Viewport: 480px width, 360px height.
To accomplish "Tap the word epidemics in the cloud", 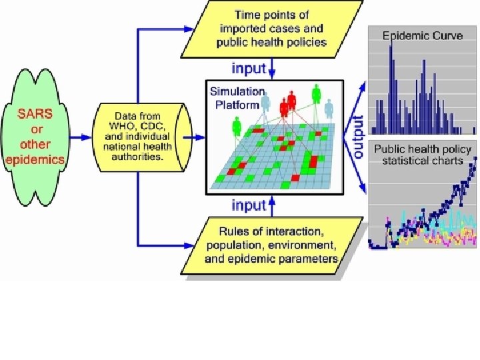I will tap(35, 159).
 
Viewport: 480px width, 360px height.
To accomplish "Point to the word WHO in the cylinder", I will tap(121, 125).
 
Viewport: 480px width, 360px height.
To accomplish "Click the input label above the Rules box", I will tap(248, 205).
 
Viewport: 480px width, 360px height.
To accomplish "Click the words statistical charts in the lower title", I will tap(422, 161).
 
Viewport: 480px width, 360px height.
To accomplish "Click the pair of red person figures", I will tap(288, 103).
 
